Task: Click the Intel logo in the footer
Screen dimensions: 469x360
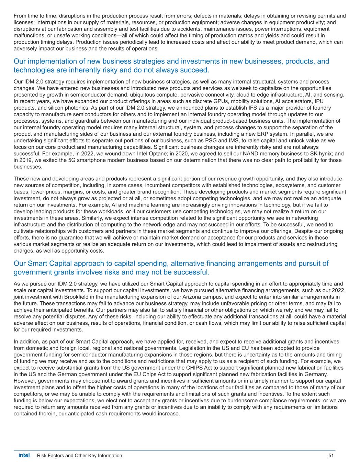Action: coord(24,455)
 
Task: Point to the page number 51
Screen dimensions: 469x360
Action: coord(331,456)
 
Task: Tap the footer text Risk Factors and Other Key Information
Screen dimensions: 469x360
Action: coord(79,456)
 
